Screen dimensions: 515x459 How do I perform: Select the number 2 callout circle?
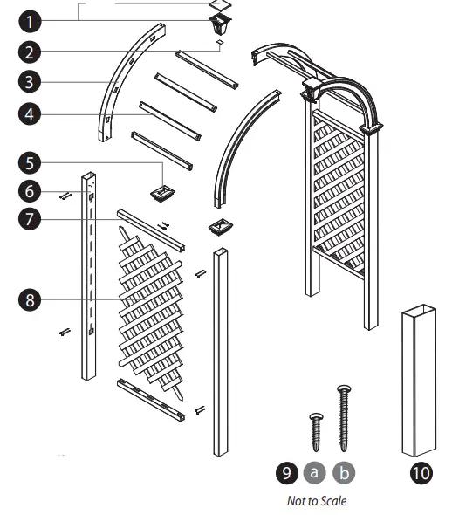click(29, 51)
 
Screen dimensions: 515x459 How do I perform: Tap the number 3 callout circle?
click(29, 82)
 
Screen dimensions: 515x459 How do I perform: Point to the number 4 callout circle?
click(29, 113)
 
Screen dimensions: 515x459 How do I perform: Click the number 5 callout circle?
click(29, 162)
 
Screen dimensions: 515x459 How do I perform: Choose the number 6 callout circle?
click(29, 189)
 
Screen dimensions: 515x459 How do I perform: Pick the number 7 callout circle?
click(29, 219)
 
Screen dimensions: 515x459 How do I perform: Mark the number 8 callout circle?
click(29, 299)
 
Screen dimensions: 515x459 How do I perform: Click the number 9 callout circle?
click(284, 473)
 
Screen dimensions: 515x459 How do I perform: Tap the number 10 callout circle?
click(420, 473)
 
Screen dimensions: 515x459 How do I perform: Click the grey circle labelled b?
click(345, 473)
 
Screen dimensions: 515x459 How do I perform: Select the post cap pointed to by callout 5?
click(162, 191)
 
